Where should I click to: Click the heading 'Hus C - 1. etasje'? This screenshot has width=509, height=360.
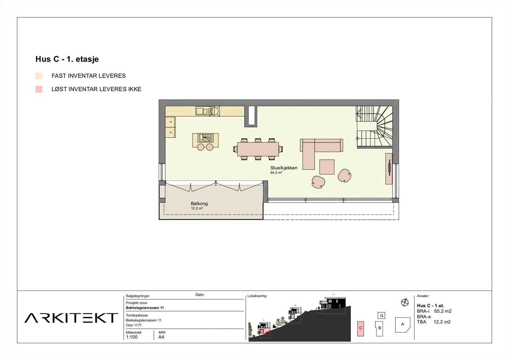pyautogui.click(x=67, y=59)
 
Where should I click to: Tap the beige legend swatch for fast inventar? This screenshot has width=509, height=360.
pyautogui.click(x=39, y=76)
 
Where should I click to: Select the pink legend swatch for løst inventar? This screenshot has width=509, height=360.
pyautogui.click(x=39, y=89)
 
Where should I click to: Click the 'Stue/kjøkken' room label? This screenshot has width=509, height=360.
pyautogui.click(x=284, y=168)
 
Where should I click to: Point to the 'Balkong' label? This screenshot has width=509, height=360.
pyautogui.click(x=199, y=204)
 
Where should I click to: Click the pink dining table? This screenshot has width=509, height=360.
pyautogui.click(x=258, y=149)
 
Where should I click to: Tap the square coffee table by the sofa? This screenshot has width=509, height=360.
pyautogui.click(x=327, y=167)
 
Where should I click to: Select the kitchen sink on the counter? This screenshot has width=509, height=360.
pyautogui.click(x=202, y=111)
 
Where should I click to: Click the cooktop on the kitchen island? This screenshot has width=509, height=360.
pyautogui.click(x=205, y=137)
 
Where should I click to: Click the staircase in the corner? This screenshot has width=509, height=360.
pyautogui.click(x=374, y=127)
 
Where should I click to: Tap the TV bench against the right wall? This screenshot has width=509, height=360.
pyautogui.click(x=389, y=169)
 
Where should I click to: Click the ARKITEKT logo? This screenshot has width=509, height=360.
pyautogui.click(x=71, y=318)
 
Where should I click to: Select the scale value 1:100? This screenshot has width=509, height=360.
pyautogui.click(x=132, y=337)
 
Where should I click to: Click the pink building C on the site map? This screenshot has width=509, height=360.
pyautogui.click(x=361, y=329)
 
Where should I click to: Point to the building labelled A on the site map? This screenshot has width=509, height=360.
pyautogui.click(x=403, y=325)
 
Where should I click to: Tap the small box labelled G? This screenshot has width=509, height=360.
pyautogui.click(x=381, y=315)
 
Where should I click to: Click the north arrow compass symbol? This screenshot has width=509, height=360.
pyautogui.click(x=405, y=302)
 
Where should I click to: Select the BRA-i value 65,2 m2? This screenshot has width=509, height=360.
pyautogui.click(x=443, y=311)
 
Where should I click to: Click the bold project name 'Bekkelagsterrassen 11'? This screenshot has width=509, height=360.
pyautogui.click(x=145, y=308)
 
